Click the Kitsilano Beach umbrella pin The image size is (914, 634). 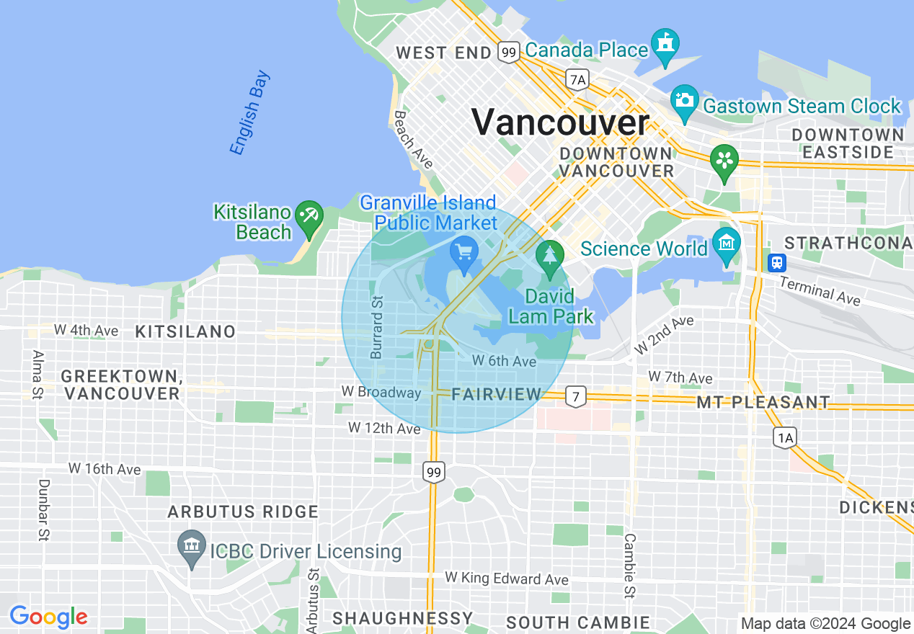(x=310, y=217)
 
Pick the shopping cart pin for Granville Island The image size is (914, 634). (x=463, y=252)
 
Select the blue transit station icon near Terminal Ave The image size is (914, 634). (x=776, y=262)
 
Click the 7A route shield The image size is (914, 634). (x=577, y=79)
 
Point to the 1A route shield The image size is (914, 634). (x=785, y=437)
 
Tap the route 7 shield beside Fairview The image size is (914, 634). (x=574, y=396)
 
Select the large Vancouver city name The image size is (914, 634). (x=560, y=122)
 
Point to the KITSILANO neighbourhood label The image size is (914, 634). (x=185, y=332)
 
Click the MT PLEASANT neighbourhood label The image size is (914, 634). (x=763, y=402)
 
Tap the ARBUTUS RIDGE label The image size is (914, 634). (x=243, y=512)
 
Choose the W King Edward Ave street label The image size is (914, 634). (x=506, y=579)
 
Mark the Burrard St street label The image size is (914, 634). (x=377, y=326)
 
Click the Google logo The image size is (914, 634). (x=48, y=617)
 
